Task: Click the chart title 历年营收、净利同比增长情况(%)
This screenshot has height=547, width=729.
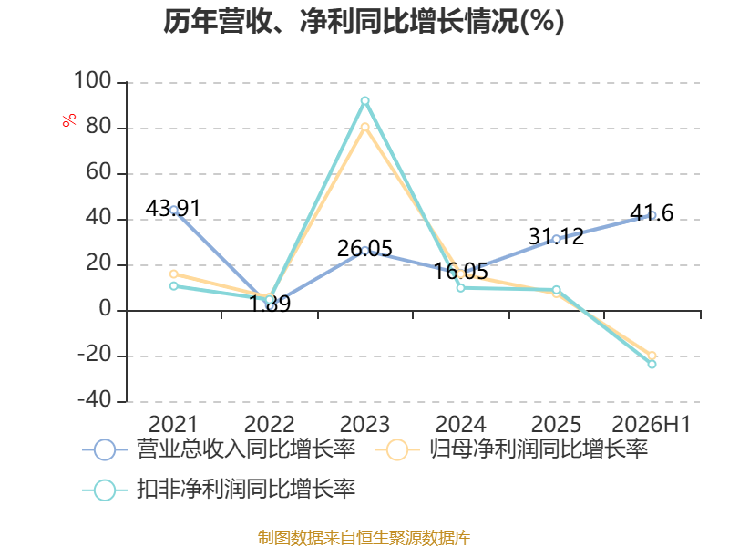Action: (x=364, y=21)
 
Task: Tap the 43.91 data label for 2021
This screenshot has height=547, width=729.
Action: (x=173, y=208)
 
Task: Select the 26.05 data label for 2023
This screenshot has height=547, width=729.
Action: (x=364, y=248)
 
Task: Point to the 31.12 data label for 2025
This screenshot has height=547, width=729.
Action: (x=556, y=237)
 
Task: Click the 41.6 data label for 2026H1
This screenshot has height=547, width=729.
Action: (x=652, y=213)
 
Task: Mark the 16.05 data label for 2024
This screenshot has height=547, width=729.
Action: (x=461, y=271)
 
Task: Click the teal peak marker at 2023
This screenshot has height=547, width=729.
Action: (x=365, y=101)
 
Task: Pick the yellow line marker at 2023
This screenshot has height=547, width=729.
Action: (x=365, y=127)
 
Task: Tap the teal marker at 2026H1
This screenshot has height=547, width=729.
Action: (x=652, y=364)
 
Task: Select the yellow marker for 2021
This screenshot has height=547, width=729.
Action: (x=174, y=274)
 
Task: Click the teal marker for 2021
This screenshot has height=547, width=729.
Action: (x=174, y=285)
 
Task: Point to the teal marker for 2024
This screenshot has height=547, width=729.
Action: (x=461, y=288)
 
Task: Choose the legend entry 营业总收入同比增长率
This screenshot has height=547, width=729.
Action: (x=219, y=449)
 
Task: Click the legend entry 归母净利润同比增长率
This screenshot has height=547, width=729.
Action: (x=511, y=449)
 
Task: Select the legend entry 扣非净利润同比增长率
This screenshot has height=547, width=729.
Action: (x=219, y=490)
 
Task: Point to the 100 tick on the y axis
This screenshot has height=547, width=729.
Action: (x=93, y=80)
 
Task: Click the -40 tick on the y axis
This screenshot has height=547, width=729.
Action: (x=95, y=399)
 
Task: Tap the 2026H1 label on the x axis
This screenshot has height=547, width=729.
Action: (x=651, y=424)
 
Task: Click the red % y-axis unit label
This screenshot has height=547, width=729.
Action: (x=69, y=120)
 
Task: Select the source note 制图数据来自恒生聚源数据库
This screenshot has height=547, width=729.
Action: (x=364, y=538)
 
